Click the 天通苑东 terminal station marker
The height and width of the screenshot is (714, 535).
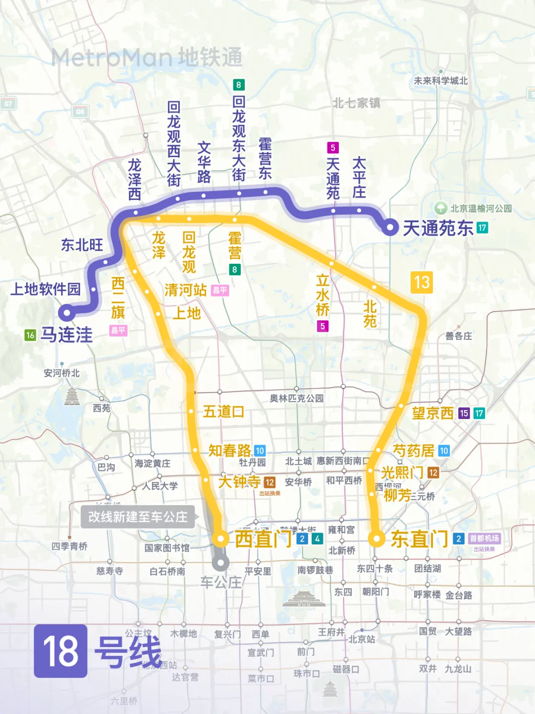coord(390,228)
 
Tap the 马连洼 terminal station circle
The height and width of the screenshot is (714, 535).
coord(66,313)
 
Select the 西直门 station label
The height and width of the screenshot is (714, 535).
coord(263,538)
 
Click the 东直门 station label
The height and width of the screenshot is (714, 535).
coord(420,539)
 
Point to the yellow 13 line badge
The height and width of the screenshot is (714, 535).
coord(422,282)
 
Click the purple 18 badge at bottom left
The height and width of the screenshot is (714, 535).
coord(60,651)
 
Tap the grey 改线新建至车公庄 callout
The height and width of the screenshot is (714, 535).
coord(138,517)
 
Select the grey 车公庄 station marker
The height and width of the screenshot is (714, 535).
coord(220,563)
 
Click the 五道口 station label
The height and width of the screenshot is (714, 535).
coord(223,412)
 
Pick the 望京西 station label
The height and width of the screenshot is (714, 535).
coord(432,413)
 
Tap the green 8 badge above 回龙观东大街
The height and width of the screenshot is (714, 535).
coord(238,85)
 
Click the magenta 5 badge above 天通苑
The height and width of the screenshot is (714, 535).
coord(333,147)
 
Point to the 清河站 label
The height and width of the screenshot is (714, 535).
coord(186,290)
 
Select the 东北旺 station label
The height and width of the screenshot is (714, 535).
coord(82,245)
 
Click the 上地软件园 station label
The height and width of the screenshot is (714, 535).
coord(46,289)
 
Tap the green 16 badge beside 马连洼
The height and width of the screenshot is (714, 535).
coord(30,335)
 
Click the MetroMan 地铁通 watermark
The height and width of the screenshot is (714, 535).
coord(147,58)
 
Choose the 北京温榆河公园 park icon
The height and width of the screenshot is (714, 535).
coord(440,208)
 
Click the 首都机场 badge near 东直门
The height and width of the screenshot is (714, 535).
coord(484,538)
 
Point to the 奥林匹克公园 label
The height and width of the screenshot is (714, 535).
coord(296,398)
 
